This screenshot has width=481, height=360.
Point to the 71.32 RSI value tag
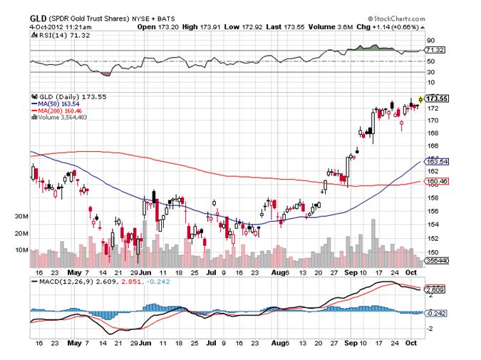coord(434,51)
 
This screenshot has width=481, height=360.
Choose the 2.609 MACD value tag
coord(434,289)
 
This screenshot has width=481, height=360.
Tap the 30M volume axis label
coord(21,216)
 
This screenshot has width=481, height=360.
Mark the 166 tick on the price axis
coord(432,145)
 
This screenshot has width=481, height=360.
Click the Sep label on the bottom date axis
coord(351,272)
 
